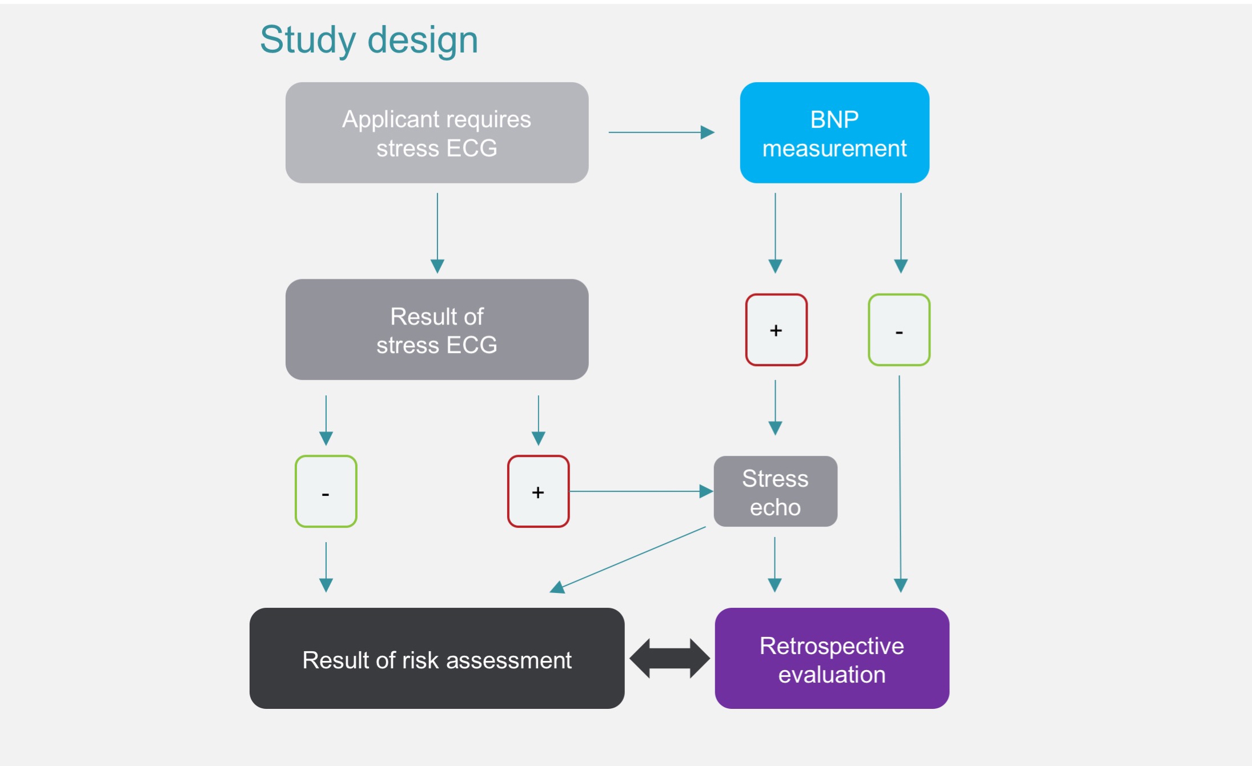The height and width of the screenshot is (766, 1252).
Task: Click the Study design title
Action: [368, 40]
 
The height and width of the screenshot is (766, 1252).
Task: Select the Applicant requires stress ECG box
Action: [437, 133]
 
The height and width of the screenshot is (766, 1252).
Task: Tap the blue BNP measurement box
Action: [834, 133]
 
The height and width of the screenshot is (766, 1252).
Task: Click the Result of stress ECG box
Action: [437, 330]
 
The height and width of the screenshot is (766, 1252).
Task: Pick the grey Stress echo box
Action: [775, 491]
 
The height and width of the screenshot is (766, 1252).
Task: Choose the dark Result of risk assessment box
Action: [437, 659]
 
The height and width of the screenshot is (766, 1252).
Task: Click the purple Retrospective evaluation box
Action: [832, 659]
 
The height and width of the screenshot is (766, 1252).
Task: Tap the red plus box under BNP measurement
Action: [776, 330]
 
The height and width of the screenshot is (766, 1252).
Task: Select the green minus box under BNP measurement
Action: [899, 330]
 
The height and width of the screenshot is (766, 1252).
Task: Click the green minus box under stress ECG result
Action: [326, 491]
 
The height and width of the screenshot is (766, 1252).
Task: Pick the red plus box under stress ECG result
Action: [538, 491]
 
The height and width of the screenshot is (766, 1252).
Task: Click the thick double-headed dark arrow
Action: [669, 659]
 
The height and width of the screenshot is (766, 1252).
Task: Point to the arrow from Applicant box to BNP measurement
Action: [661, 133]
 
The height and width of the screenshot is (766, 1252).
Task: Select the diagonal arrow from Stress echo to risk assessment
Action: [628, 559]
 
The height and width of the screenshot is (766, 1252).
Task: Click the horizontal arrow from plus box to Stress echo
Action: [640, 491]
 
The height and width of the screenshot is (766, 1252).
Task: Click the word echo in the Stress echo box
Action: [775, 507]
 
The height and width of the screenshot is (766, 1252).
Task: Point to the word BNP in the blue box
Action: [834, 119]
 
